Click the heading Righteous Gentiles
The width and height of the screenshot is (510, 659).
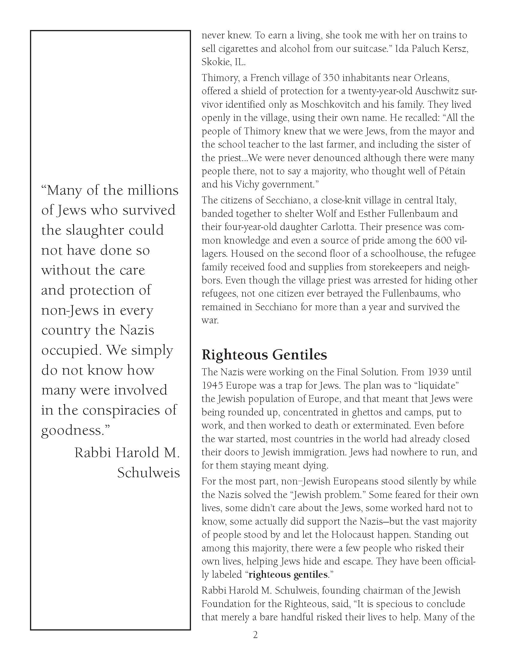pyautogui.click(x=264, y=355)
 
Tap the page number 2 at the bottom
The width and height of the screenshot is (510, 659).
pyautogui.click(x=255, y=635)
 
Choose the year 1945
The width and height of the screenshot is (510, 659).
pyautogui.click(x=212, y=386)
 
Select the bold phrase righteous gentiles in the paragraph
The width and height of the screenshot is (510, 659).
pyautogui.click(x=288, y=574)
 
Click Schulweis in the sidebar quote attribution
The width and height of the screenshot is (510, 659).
pyautogui.click(x=148, y=472)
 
